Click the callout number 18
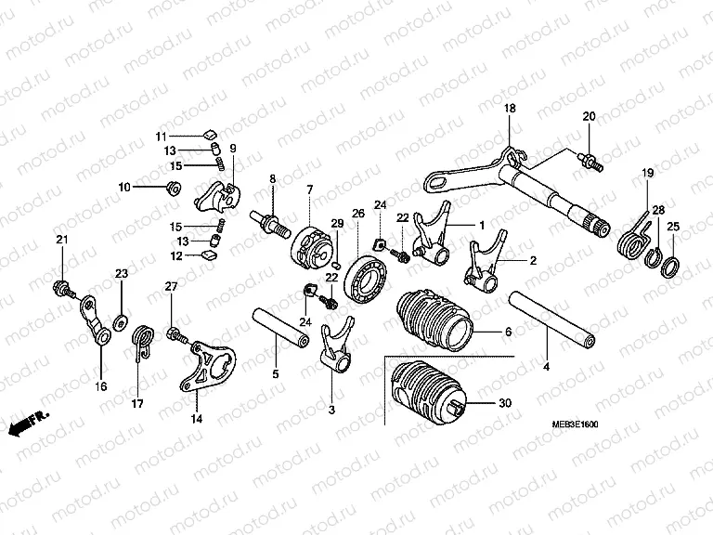[508, 110]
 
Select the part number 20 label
[589, 116]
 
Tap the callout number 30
[504, 404]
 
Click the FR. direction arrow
[28, 423]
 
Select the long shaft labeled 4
[549, 318]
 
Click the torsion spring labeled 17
[142, 342]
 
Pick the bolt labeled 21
[62, 286]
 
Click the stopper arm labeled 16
[93, 320]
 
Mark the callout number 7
[310, 189]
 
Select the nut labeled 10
[171, 189]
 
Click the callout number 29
[337, 222]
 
